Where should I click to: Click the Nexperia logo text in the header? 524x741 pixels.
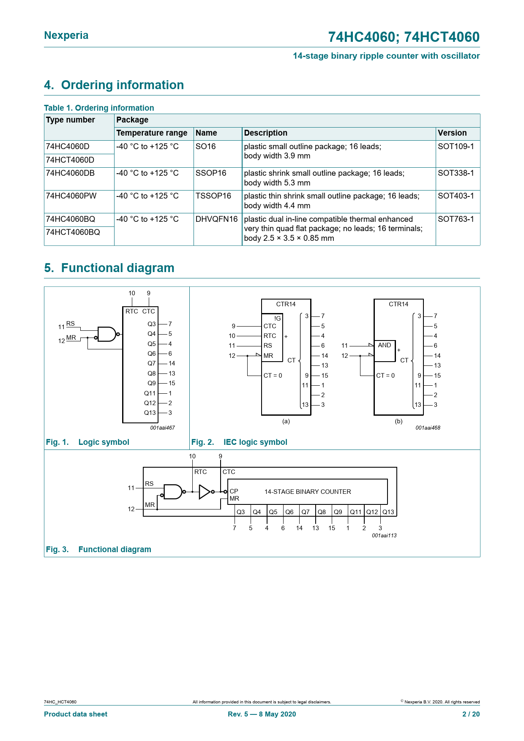(66, 35)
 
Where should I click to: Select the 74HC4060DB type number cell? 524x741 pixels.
(70, 173)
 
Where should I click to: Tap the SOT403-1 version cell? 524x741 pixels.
(456, 196)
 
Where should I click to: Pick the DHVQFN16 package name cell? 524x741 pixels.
(216, 219)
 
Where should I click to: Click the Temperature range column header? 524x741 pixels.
(152, 133)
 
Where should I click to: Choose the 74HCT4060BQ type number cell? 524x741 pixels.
(73, 232)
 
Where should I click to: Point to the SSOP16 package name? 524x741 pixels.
(211, 173)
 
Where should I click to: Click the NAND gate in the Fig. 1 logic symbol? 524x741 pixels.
(106, 334)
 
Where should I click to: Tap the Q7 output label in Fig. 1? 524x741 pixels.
(152, 363)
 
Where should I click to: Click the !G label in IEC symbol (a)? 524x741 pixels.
(277, 318)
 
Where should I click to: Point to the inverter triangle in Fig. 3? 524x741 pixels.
(205, 491)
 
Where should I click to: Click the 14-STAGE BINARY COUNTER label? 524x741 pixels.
(308, 492)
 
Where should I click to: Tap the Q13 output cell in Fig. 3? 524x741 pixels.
(388, 512)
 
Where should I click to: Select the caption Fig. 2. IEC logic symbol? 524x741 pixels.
(239, 442)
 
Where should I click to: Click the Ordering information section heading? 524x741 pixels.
(114, 85)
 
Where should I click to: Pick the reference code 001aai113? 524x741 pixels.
(384, 536)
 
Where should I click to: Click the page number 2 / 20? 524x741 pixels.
(471, 714)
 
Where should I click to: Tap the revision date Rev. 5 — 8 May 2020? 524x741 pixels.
(262, 714)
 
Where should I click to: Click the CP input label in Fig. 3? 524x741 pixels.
(234, 491)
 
